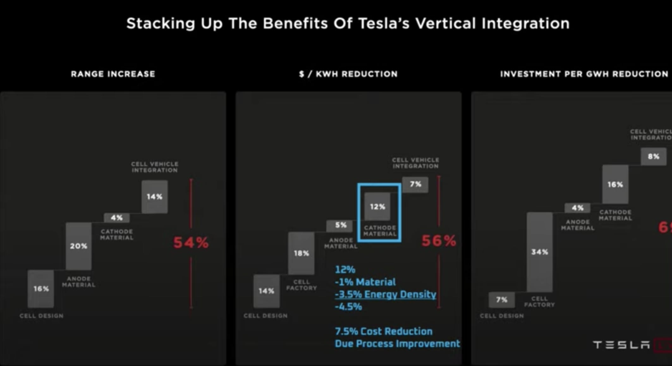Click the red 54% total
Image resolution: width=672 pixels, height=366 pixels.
pyautogui.click(x=191, y=243)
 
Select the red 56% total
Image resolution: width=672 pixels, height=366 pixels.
pyautogui.click(x=439, y=241)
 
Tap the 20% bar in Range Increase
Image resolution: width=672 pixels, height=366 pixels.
pyautogui.click(x=79, y=246)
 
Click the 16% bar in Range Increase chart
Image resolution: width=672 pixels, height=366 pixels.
pyautogui.click(x=41, y=289)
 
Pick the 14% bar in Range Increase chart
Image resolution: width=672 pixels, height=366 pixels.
pyautogui.click(x=155, y=197)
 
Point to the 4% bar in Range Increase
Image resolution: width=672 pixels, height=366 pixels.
pyautogui.click(x=117, y=218)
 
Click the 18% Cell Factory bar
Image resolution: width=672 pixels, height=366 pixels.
pyautogui.click(x=301, y=253)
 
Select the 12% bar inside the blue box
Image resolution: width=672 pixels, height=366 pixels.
pyautogui.click(x=377, y=207)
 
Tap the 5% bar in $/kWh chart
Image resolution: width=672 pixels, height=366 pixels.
pyautogui.click(x=341, y=225)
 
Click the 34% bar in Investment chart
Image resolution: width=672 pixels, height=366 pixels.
pyautogui.click(x=540, y=252)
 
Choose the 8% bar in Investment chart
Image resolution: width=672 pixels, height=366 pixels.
pyautogui.click(x=653, y=156)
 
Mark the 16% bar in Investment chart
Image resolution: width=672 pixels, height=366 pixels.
pyautogui.click(x=615, y=184)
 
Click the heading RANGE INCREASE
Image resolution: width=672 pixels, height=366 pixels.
pyautogui.click(x=113, y=74)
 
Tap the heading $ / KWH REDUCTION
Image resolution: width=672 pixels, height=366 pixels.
pyautogui.click(x=348, y=74)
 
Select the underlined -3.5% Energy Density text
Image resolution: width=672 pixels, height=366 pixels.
pyautogui.click(x=385, y=294)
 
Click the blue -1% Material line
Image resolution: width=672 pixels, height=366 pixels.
pyautogui.click(x=365, y=282)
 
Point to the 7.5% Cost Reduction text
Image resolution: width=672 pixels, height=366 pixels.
pyautogui.click(x=383, y=331)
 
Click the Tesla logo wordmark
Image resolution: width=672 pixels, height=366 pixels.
pyautogui.click(x=621, y=345)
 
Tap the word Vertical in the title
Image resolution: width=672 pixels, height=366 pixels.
pyautogui.click(x=445, y=23)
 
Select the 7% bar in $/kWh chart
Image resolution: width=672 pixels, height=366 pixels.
pyautogui.click(x=415, y=184)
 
